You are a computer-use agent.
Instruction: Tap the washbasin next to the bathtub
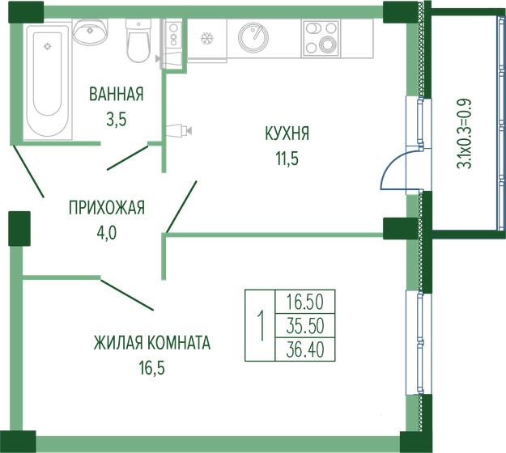91,32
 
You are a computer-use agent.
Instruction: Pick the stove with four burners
321,37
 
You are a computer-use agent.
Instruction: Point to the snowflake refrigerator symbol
206,38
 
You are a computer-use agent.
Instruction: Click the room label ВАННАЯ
117,95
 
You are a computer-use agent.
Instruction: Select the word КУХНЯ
287,133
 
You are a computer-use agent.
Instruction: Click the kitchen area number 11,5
287,159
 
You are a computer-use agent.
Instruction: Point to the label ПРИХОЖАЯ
106,209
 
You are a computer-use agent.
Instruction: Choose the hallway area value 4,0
106,234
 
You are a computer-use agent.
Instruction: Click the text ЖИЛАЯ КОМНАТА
151,343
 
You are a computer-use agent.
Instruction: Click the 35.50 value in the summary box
305,325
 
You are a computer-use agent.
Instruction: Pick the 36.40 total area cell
305,349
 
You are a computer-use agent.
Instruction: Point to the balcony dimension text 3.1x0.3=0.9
465,133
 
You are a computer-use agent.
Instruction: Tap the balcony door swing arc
389,167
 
